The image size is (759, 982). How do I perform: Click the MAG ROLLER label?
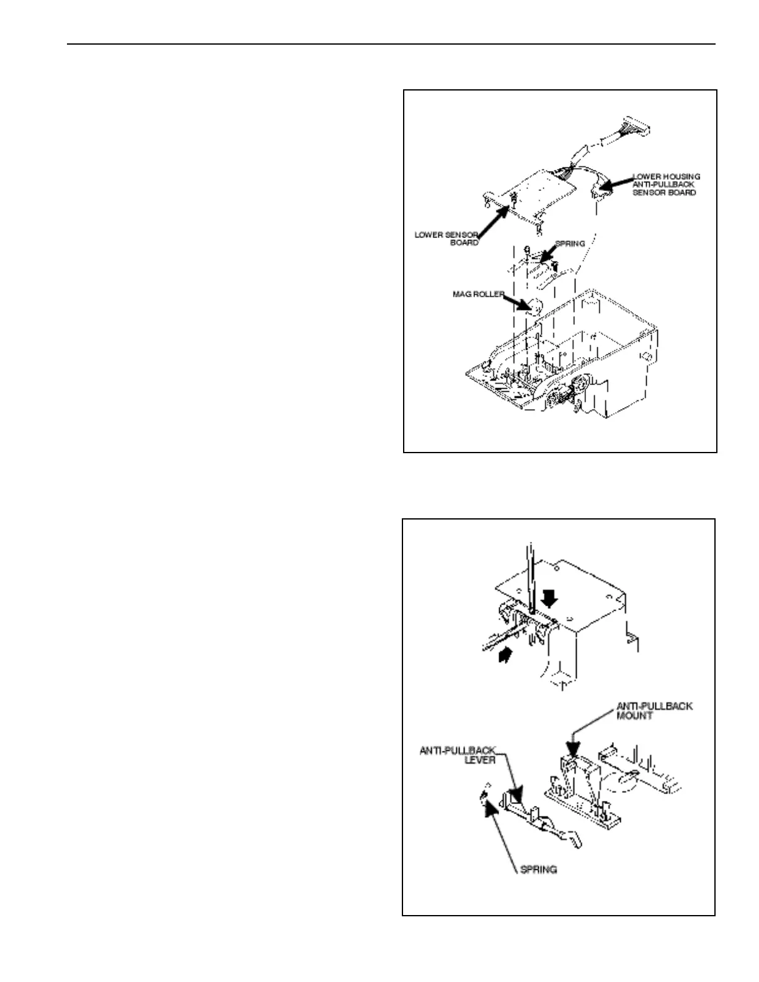[478, 294]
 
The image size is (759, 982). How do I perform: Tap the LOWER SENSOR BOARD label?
[446, 239]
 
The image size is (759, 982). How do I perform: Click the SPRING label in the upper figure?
[569, 244]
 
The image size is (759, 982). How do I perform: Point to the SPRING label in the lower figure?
[538, 869]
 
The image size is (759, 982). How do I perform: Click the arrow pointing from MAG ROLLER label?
[518, 303]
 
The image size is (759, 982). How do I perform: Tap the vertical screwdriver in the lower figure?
[531, 577]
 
